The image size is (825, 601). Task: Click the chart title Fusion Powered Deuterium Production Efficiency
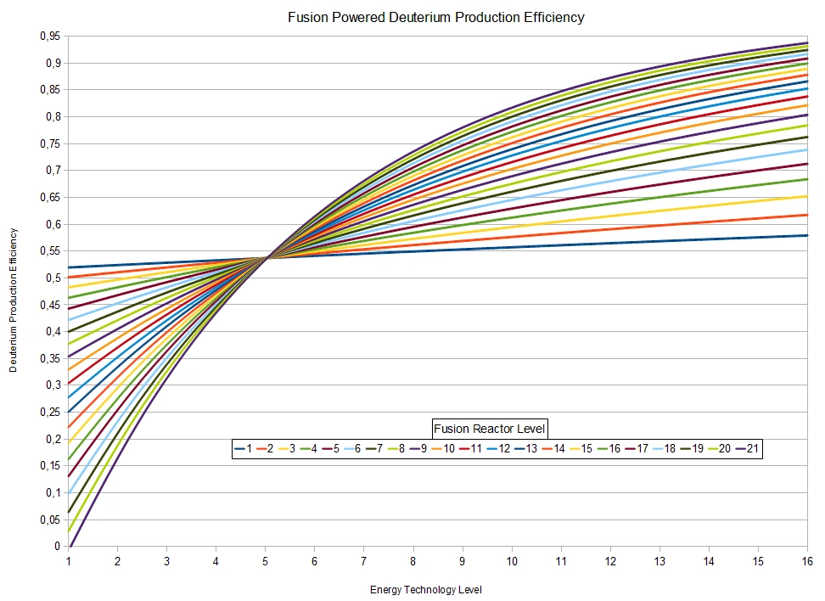pyautogui.click(x=435, y=17)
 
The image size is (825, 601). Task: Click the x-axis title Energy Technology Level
pyautogui.click(x=426, y=589)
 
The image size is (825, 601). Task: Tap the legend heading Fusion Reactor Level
pyautogui.click(x=489, y=429)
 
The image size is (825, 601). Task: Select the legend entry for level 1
pyautogui.click(x=244, y=449)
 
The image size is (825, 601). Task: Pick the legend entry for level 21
pyautogui.click(x=747, y=449)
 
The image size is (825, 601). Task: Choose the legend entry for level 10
pyautogui.click(x=443, y=449)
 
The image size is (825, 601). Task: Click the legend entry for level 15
pyautogui.click(x=581, y=449)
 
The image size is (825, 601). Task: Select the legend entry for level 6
pyautogui.click(x=352, y=449)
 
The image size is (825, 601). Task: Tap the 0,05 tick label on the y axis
pyautogui.click(x=52, y=520)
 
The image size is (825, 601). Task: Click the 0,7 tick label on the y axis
pyautogui.click(x=54, y=171)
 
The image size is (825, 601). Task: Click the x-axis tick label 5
pyautogui.click(x=266, y=561)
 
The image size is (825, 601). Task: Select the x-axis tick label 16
pyautogui.click(x=807, y=561)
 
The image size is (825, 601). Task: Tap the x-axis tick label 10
pyautogui.click(x=512, y=561)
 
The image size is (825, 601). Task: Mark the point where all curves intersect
pyautogui.click(x=267, y=257)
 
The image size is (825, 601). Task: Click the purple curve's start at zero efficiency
pyautogui.click(x=71, y=547)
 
